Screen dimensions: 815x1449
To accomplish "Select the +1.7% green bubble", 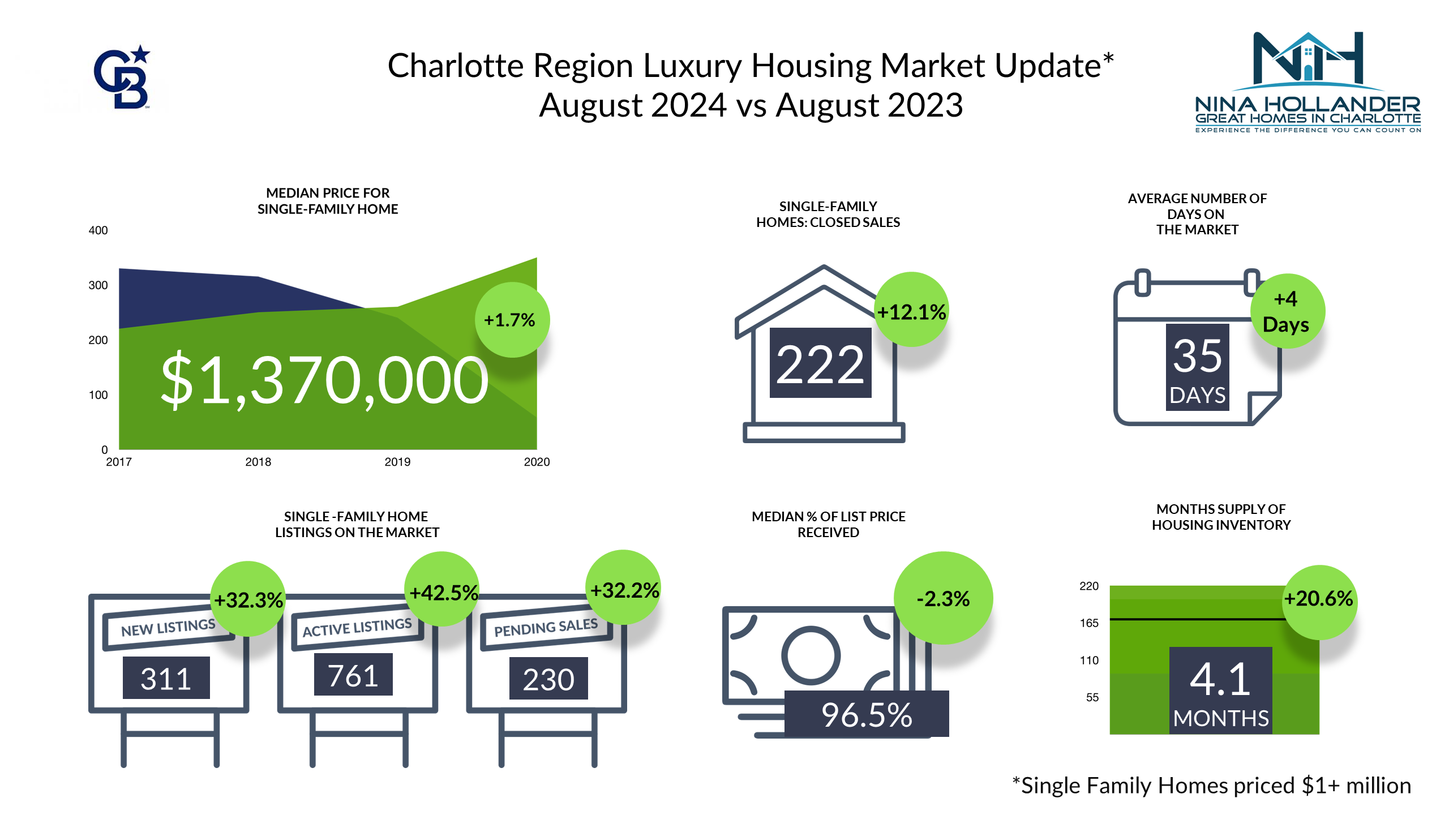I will point(511,320).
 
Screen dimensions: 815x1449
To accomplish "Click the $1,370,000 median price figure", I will point(324,379).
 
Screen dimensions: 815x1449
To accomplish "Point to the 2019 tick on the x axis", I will point(397,462).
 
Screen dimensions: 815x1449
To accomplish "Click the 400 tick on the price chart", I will point(98,230).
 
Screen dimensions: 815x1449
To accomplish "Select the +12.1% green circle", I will point(911,311).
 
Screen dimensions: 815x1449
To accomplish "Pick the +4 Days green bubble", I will point(1286,312).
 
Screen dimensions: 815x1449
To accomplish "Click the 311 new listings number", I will point(166,678).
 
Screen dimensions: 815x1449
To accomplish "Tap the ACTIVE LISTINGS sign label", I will point(357,628).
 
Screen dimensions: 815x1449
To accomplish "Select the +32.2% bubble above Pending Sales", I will point(624,589).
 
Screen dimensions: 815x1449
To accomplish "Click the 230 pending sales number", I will point(548,679).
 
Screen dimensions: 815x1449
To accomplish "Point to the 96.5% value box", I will point(867,714).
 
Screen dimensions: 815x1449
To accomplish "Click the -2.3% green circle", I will point(943,598).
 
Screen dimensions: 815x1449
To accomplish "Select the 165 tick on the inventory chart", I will point(1089,623).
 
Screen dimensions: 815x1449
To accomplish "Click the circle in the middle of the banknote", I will point(811,655).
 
